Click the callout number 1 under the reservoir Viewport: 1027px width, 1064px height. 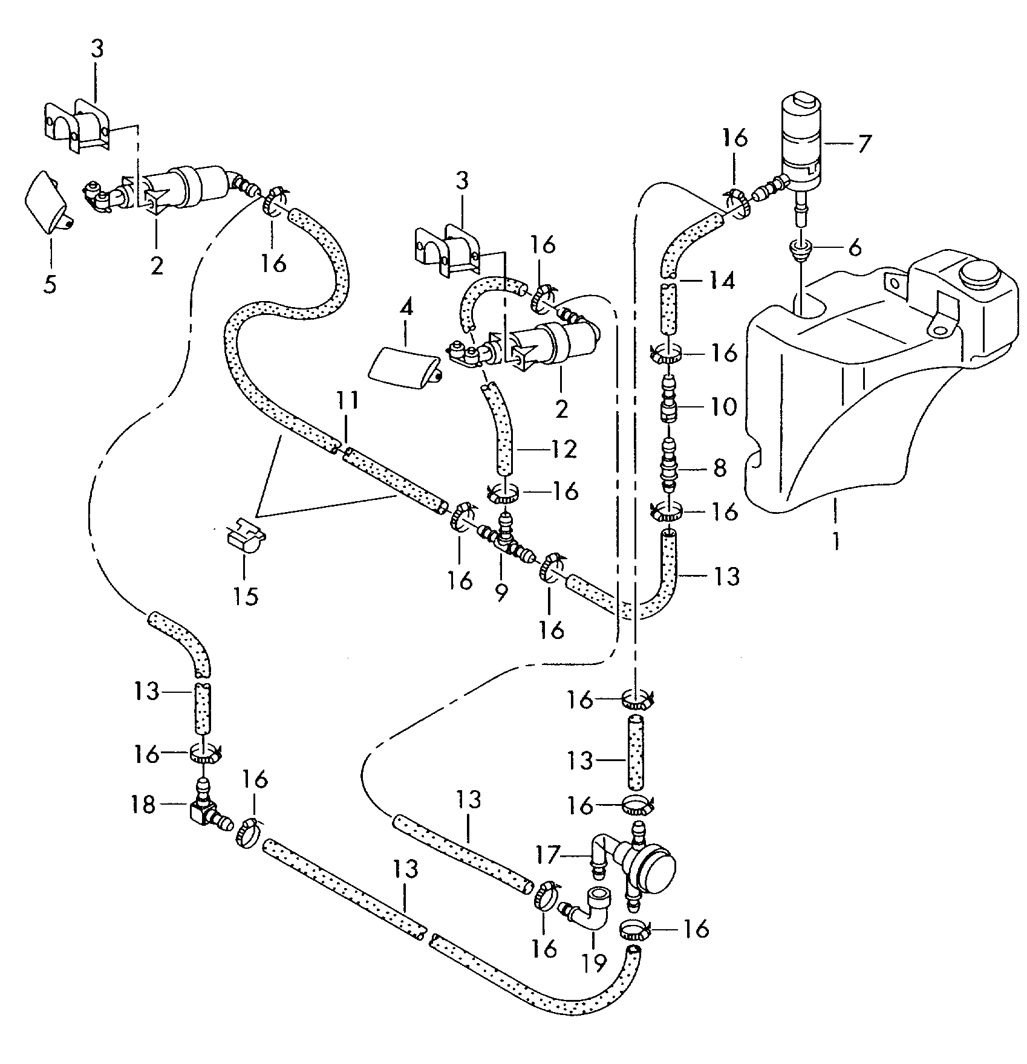pyautogui.click(x=835, y=539)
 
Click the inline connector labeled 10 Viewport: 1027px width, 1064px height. pyautogui.click(x=668, y=403)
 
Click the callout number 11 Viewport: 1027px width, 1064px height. pyautogui.click(x=348, y=400)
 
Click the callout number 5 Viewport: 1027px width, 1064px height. pyautogui.click(x=50, y=284)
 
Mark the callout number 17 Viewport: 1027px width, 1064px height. pyautogui.click(x=549, y=854)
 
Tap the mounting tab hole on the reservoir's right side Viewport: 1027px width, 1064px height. pyautogui.click(x=939, y=329)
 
